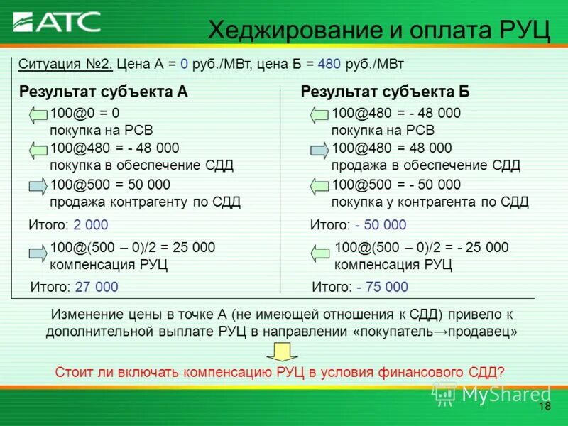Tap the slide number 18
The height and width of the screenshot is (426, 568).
pyautogui.click(x=545, y=406)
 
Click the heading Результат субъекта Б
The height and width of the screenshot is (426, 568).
pyautogui.click(x=385, y=92)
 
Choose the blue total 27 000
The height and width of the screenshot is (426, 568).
pyautogui.click(x=95, y=287)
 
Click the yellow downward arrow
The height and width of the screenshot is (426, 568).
pyautogui.click(x=281, y=351)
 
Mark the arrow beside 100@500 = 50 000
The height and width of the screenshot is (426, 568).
pyautogui.click(x=38, y=187)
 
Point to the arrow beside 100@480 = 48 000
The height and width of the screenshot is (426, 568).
pyautogui.click(x=320, y=151)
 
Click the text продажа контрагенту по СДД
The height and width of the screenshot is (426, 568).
pyautogui.click(x=145, y=202)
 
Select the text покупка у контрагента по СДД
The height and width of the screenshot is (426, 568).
pyautogui.click(x=430, y=202)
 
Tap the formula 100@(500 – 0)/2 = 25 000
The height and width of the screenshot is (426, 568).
pyautogui.click(x=132, y=247)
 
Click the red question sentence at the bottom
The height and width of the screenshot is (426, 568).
pyautogui.click(x=280, y=371)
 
